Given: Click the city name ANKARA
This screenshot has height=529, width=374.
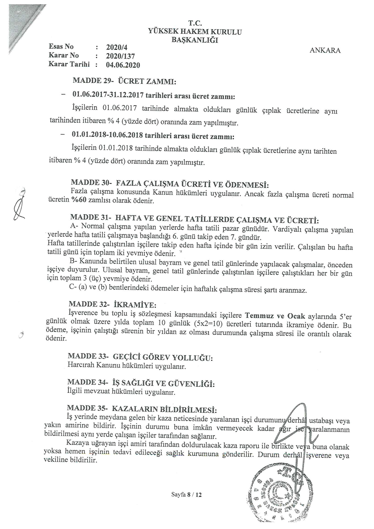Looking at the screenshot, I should coord(325,51).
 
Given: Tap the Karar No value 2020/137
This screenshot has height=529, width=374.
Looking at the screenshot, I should coord(120,56).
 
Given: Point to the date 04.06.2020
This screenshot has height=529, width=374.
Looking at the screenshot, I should coord(123,65).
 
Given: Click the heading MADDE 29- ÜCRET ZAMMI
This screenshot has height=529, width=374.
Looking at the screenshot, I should coord(125,81).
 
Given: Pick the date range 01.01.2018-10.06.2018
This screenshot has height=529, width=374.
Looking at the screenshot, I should coord(108,135).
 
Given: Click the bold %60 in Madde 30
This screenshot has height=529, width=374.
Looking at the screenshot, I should coord(79,200).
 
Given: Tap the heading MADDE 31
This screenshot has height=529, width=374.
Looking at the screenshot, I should coord(194,219).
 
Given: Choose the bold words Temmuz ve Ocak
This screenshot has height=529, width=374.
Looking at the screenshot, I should coord(275,316).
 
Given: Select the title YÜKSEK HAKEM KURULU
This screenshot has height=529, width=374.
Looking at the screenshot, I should coord(195,32).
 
